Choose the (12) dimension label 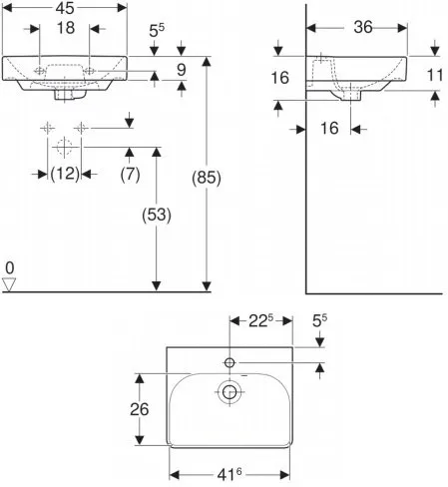coord(65,173)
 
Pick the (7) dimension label coord(130,173)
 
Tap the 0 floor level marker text coord(9,268)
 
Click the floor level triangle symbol coord(10,284)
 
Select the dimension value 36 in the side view coord(362,29)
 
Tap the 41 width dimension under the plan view coord(230,475)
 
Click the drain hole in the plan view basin coord(230,393)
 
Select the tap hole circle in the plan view coord(230,361)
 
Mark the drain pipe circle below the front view coord(65,147)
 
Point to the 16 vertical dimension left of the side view coord(281,78)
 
